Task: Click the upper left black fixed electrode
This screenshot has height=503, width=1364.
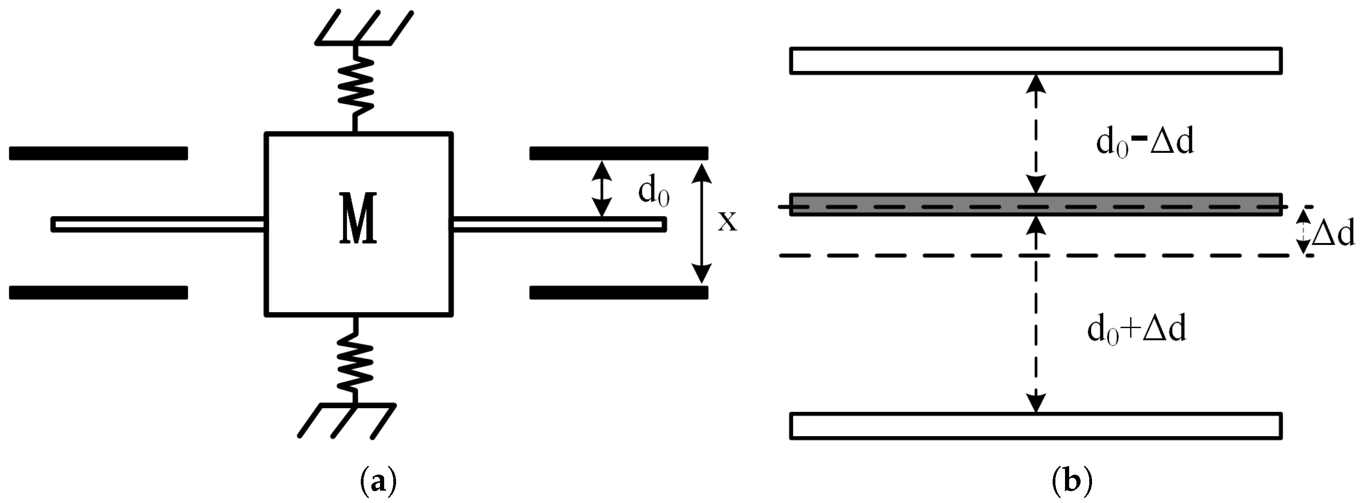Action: click(98, 153)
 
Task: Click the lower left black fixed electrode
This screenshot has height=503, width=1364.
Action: click(98, 292)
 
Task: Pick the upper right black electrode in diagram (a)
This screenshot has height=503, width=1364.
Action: click(619, 153)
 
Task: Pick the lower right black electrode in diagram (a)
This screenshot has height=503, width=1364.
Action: click(619, 292)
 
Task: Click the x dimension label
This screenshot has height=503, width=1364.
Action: click(727, 222)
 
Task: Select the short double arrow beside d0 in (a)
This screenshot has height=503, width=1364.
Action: click(602, 189)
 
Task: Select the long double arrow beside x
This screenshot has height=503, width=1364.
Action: click(701, 223)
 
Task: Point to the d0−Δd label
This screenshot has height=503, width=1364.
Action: click(1144, 143)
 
